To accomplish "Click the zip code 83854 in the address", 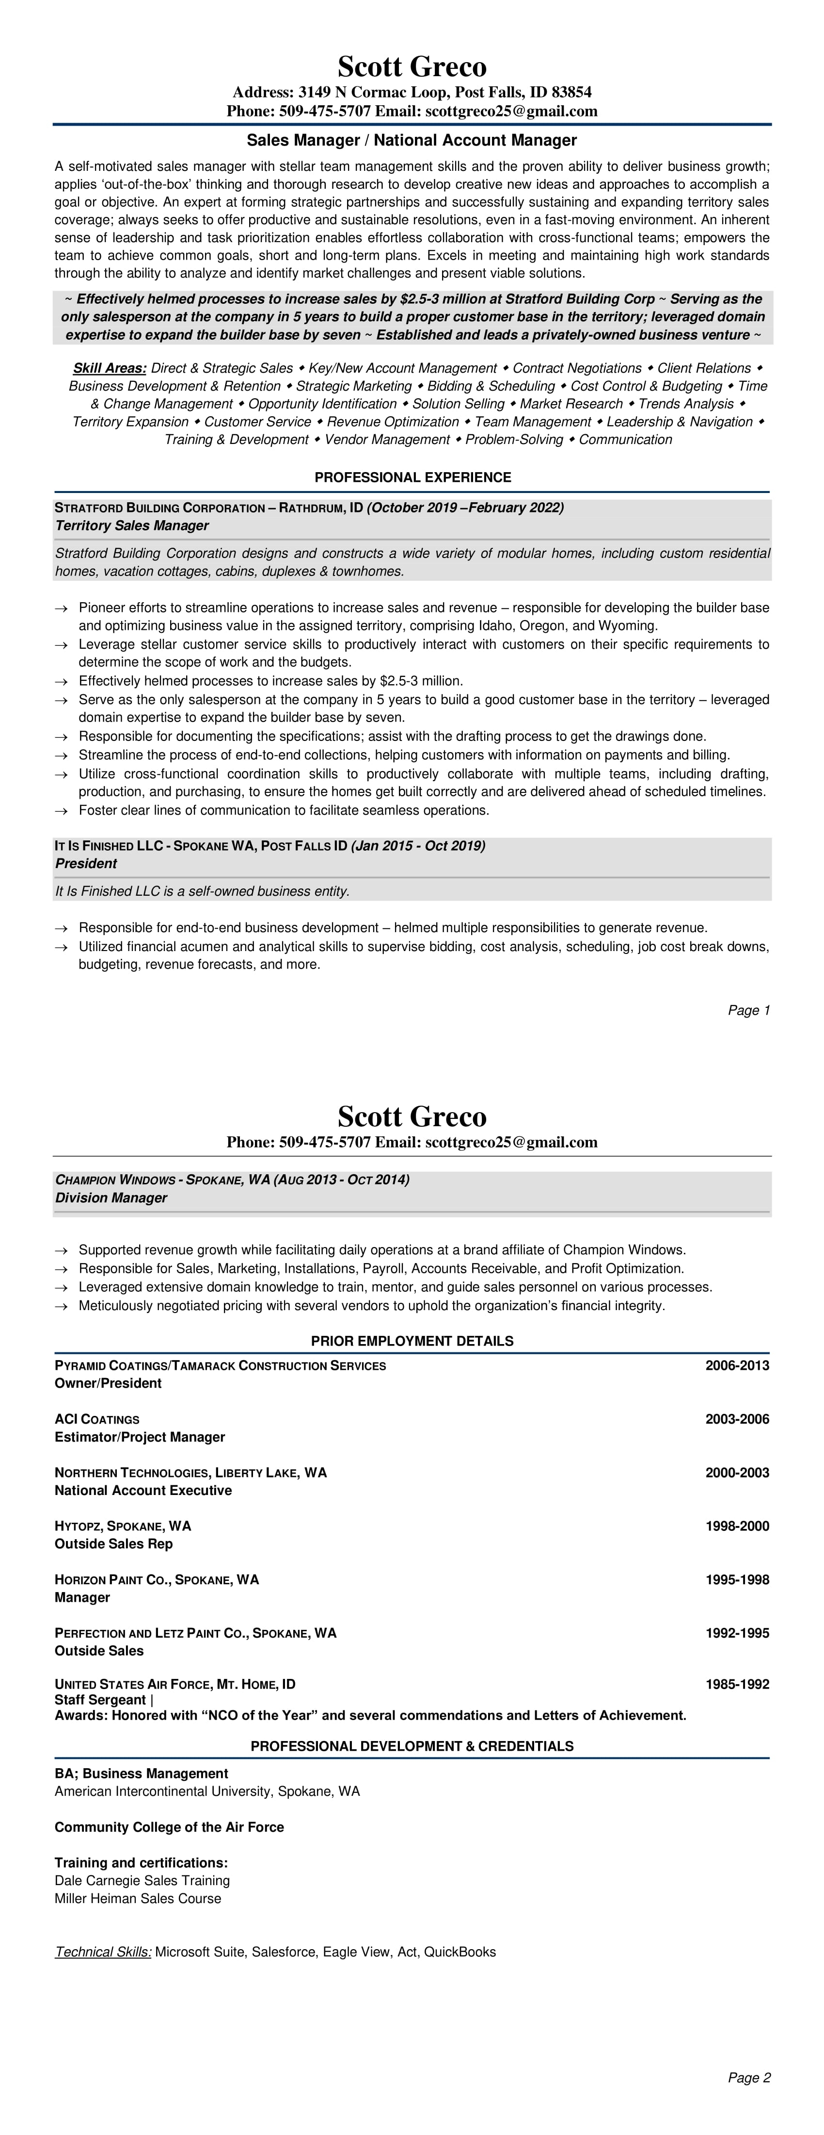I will click(x=571, y=92).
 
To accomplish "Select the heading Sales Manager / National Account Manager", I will click(x=412, y=140).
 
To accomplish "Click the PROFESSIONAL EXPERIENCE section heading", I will click(x=412, y=477).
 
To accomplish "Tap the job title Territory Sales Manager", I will click(x=132, y=526).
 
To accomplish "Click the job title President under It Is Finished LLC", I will click(x=86, y=864).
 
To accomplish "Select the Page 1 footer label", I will click(x=749, y=1010).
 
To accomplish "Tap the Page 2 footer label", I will click(x=749, y=2078).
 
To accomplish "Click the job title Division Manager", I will click(x=111, y=1198).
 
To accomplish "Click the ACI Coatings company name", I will click(x=97, y=1419).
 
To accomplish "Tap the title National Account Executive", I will click(x=143, y=1490).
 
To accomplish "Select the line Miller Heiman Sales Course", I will click(x=138, y=1899).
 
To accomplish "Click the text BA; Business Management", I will click(x=142, y=1774).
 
